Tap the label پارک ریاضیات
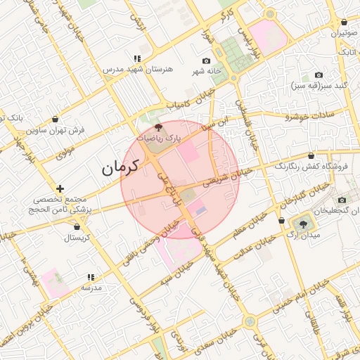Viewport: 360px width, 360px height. click(158, 139)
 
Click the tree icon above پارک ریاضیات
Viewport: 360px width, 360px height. click(157, 128)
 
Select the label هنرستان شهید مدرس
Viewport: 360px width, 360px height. click(138, 70)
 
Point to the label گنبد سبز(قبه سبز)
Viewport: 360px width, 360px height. click(319, 86)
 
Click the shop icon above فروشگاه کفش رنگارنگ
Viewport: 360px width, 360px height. click(311, 155)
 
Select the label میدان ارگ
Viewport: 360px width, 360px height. click(304, 235)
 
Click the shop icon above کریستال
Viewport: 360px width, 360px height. click(77, 226)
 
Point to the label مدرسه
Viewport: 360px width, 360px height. click(91, 288)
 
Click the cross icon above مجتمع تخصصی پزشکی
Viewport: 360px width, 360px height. click(60, 188)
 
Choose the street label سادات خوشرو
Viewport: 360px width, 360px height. click(291, 116)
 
